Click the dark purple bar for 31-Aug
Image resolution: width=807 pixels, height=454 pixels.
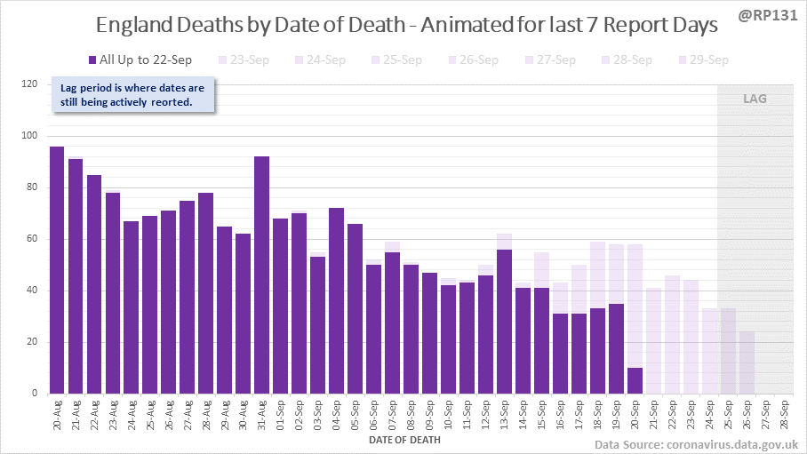tap(261, 275)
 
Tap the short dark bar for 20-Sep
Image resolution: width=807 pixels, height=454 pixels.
tap(635, 380)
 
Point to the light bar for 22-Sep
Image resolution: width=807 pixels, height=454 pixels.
tap(672, 335)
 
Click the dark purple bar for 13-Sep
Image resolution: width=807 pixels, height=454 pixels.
tap(504, 322)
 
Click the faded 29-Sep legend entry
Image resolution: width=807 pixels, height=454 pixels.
tap(703, 60)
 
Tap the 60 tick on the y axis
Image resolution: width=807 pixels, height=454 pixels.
tap(33, 240)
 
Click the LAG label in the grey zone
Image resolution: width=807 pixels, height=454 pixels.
tap(755, 99)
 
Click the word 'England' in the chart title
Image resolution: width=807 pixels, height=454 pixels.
tap(134, 27)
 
